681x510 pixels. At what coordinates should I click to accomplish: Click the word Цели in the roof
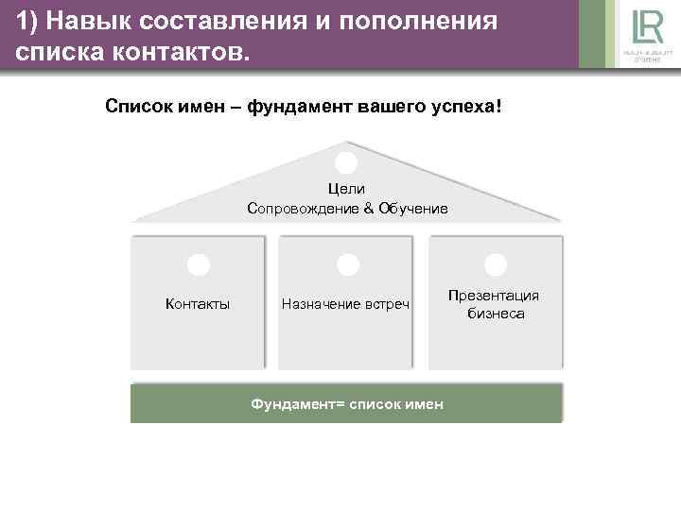(x=346, y=189)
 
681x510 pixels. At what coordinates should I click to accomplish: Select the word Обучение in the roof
(x=412, y=207)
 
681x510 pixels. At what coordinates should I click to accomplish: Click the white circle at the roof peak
(x=347, y=162)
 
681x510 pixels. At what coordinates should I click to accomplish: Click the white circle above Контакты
(x=199, y=265)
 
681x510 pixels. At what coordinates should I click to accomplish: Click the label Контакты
(x=198, y=303)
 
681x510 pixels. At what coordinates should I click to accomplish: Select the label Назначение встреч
(x=346, y=303)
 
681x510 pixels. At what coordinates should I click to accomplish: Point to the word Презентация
(x=495, y=296)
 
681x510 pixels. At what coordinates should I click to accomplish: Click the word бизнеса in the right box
(x=495, y=313)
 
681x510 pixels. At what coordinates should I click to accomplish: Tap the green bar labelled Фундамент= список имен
(x=346, y=403)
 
